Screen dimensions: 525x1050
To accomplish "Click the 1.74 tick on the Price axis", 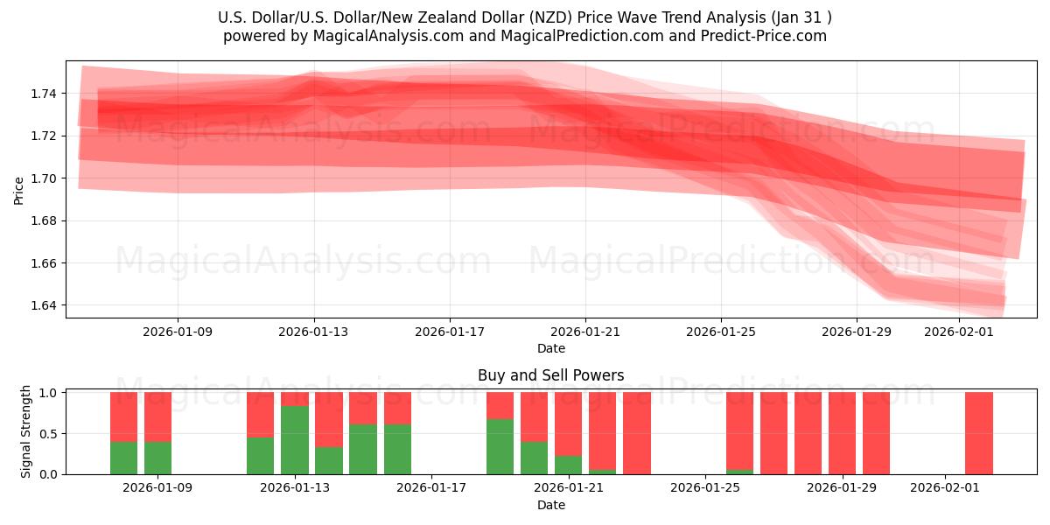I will [45, 94].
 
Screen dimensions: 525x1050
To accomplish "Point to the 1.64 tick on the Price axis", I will [45, 305].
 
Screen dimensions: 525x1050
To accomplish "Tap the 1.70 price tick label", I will [45, 178].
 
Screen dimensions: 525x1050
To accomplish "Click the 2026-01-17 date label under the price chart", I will [450, 332].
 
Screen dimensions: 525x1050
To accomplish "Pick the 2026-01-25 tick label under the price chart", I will [721, 332].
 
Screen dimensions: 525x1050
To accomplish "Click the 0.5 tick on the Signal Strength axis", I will [48, 434].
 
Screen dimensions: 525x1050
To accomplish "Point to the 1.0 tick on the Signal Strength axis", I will [48, 393].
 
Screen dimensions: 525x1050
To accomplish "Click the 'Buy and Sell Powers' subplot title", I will [550, 375].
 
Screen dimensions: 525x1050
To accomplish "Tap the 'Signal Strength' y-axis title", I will [26, 431].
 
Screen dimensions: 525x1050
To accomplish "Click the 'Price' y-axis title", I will [19, 190].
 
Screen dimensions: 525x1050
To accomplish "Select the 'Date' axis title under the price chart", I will [550, 348].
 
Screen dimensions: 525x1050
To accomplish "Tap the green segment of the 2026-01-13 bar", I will [295, 440].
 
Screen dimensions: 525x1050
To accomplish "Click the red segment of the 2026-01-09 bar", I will [157, 416].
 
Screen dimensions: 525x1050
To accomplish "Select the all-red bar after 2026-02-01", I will [978, 433].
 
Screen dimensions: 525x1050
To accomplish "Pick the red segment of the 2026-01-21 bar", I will [568, 423].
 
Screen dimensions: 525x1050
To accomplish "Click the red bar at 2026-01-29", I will [842, 433].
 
